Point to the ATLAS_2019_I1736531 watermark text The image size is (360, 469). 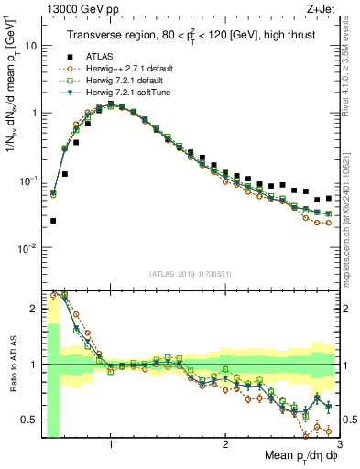tap(190, 273)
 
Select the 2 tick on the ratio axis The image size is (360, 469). tap(34, 309)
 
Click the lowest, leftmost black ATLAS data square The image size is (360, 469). tap(53, 221)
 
